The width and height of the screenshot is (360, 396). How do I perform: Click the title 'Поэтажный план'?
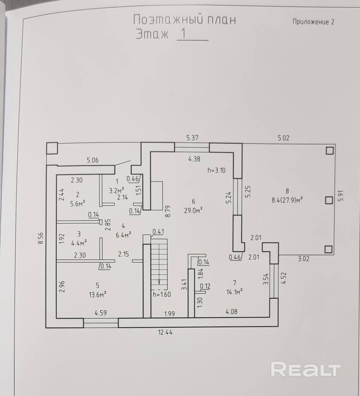[184, 20]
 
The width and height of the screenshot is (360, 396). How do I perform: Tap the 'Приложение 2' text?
[313, 22]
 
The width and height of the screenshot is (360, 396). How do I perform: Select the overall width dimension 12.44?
[165, 332]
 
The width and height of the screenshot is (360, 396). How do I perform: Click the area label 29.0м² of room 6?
[194, 210]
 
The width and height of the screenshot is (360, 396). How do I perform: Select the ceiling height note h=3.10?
[216, 170]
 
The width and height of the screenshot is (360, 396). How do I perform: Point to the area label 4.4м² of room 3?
[78, 242]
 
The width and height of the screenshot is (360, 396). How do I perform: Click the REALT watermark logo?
[306, 369]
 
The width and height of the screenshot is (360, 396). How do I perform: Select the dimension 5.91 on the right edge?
[341, 196]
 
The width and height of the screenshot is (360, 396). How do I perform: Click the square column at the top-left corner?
[52, 148]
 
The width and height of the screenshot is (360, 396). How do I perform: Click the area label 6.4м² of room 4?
[123, 234]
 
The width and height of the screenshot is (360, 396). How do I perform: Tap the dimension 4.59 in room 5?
[100, 313]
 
